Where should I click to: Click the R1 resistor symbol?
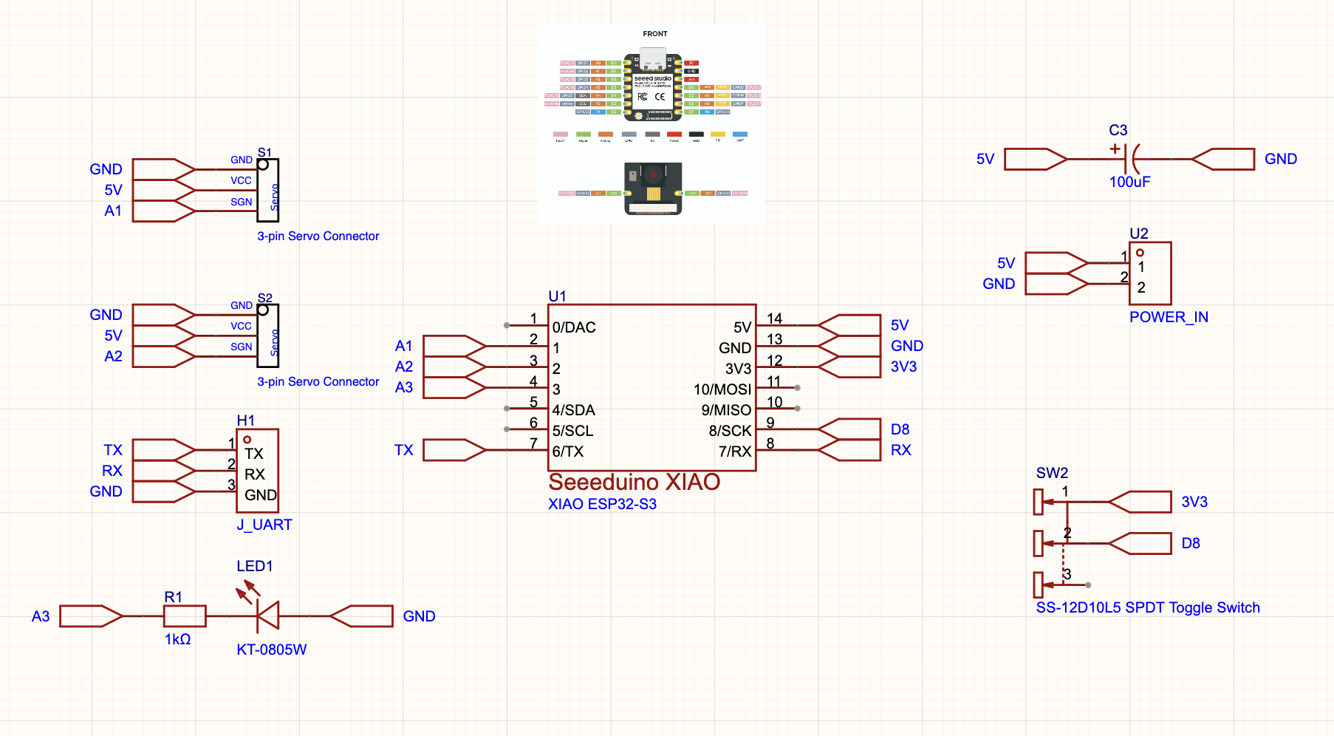tap(184, 616)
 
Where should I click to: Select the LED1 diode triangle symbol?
tap(268, 616)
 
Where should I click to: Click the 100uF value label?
tap(1129, 182)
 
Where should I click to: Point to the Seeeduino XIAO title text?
tap(634, 482)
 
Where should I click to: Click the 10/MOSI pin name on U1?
tap(722, 389)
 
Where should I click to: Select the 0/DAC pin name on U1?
tap(574, 327)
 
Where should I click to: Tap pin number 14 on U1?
tap(774, 318)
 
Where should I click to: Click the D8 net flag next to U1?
tap(849, 429)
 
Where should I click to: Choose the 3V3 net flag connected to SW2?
tap(1140, 502)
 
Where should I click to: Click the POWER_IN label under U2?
tap(1169, 317)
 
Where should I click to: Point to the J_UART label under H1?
tap(264, 525)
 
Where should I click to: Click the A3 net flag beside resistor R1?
tap(90, 616)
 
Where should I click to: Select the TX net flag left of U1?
tap(454, 450)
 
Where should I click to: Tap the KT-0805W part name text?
tap(271, 650)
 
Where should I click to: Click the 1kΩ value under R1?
tap(177, 639)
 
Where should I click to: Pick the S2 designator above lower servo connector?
tap(264, 298)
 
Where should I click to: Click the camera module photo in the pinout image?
tap(653, 188)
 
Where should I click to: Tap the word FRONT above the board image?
tap(654, 34)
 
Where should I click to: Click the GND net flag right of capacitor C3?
tap(1224, 159)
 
